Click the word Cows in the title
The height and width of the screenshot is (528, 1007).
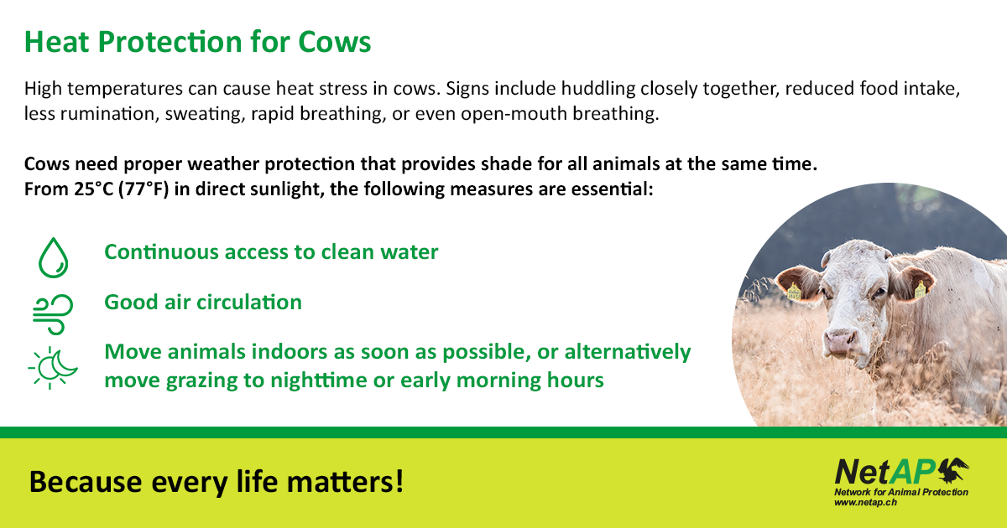click(335, 42)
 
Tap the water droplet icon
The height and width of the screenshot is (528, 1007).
click(53, 258)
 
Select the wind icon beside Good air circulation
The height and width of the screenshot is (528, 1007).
click(53, 314)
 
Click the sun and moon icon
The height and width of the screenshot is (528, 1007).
click(53, 368)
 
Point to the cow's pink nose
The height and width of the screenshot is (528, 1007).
click(839, 340)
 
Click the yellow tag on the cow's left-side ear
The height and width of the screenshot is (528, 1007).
click(794, 292)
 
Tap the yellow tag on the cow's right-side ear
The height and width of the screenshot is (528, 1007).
click(921, 290)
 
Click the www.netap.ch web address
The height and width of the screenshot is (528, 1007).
click(865, 502)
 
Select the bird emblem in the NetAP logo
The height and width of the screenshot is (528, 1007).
click(954, 470)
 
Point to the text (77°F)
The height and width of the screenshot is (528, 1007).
click(143, 189)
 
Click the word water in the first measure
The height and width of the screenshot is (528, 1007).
click(410, 252)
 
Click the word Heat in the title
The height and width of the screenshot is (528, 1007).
click(57, 42)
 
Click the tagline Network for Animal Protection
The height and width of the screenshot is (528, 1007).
click(901, 492)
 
